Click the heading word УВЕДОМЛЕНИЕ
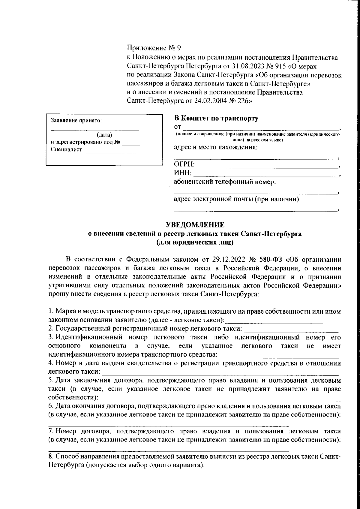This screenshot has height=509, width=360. point(195,225)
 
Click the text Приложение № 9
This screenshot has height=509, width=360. point(154,48)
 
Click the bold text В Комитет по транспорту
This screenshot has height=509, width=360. point(216,119)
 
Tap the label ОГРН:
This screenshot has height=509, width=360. point(184,164)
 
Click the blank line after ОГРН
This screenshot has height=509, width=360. point(267,166)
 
